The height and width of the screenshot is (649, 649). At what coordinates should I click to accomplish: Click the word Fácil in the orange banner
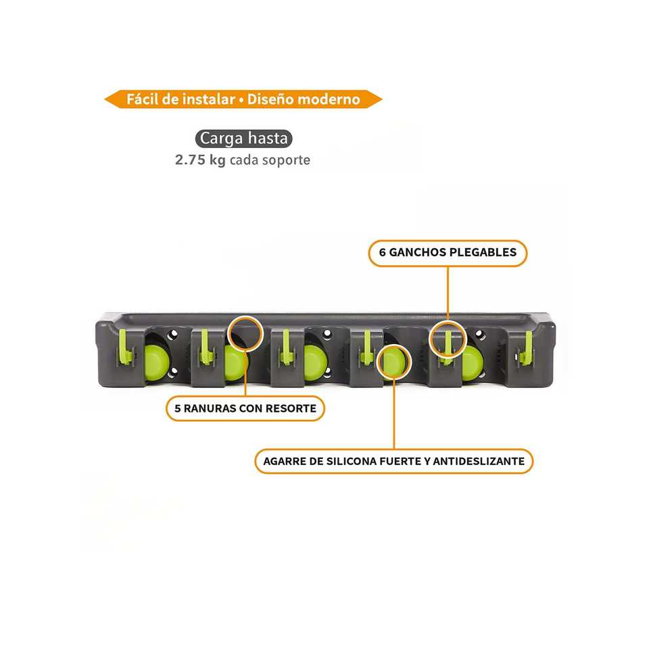143,99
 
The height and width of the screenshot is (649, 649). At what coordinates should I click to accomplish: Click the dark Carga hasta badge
245,139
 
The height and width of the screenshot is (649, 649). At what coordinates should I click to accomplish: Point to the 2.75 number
190,161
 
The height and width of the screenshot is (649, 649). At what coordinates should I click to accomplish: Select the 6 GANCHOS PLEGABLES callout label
448,253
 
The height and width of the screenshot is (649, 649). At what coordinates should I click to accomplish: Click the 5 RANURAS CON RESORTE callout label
245,408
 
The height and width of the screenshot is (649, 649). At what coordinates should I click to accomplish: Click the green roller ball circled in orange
393,362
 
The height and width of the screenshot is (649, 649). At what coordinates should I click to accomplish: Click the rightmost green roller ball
471,362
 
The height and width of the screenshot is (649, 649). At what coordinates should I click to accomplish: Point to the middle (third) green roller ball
314,362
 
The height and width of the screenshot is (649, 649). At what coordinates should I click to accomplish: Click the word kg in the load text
218,161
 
